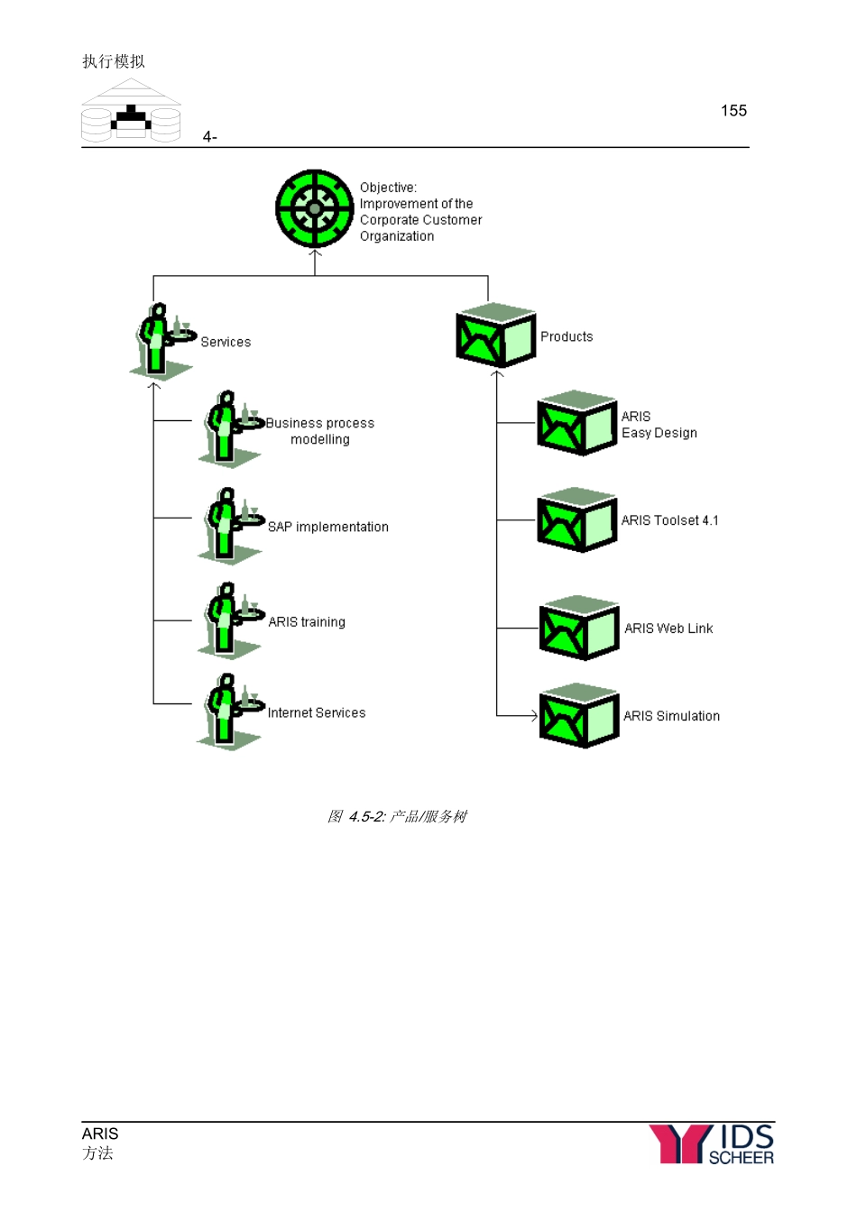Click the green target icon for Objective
coord(314,208)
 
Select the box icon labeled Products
coord(495,335)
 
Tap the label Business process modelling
coord(319,431)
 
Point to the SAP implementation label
coord(327,527)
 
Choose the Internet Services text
coord(317,712)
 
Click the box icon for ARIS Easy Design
coord(576,423)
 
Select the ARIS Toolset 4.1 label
coord(669,520)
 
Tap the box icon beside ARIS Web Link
coord(578,628)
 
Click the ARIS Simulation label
coord(671,716)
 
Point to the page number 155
coord(733,111)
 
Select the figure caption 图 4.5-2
coord(397,816)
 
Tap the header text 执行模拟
coord(114,61)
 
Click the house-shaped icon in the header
coord(132,112)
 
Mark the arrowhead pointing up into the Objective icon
coord(315,254)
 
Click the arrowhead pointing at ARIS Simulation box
coord(534,716)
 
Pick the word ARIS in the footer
coord(100,1134)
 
